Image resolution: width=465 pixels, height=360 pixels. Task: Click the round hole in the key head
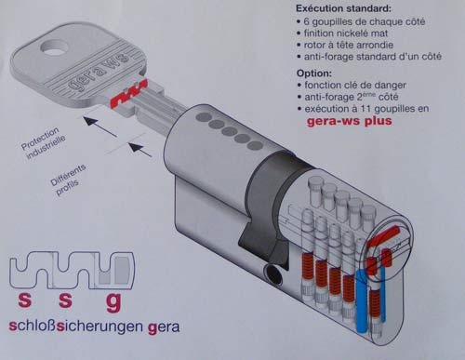(x=55, y=47)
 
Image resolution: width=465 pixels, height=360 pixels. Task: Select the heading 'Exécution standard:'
(x=343, y=8)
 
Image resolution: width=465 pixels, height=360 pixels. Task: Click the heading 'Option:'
(x=314, y=73)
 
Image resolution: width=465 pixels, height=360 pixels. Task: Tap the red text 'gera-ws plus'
(x=349, y=121)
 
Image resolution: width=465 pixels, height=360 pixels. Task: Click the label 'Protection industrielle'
(x=43, y=142)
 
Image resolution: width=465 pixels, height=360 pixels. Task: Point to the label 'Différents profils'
(x=68, y=180)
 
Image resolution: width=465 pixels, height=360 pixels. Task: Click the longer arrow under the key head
(x=100, y=127)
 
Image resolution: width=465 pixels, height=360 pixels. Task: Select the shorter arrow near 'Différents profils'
(x=140, y=150)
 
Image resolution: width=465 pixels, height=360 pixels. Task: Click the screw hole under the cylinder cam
(x=273, y=274)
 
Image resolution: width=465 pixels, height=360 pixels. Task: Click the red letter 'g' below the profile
(x=113, y=302)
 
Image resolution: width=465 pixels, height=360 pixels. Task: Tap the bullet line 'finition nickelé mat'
(x=342, y=33)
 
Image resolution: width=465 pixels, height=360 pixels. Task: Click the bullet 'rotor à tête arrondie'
(x=345, y=45)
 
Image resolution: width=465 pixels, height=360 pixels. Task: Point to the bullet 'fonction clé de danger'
(x=352, y=85)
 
